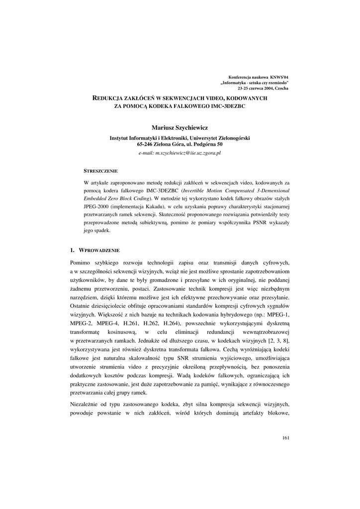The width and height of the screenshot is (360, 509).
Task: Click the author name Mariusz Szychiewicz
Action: (x=180, y=128)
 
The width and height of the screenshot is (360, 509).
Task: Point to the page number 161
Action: (x=285, y=437)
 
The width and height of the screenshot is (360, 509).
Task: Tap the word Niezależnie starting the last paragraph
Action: (x=89, y=404)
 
